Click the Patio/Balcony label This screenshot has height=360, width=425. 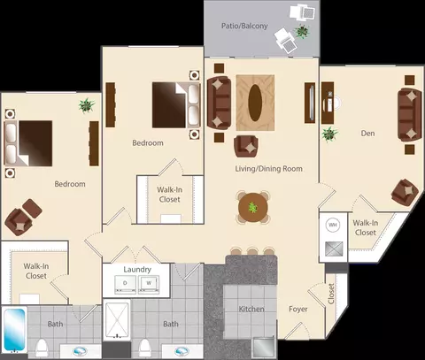click(x=244, y=26)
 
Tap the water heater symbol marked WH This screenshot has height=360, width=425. click(x=333, y=225)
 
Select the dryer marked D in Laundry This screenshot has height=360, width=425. click(x=125, y=284)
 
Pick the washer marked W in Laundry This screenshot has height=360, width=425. click(x=149, y=284)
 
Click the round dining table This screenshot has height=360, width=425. click(x=253, y=207)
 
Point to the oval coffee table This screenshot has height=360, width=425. click(x=255, y=103)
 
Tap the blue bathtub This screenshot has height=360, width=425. click(x=14, y=330)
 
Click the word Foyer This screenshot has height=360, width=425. click(x=298, y=309)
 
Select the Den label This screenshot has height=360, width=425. click(x=367, y=134)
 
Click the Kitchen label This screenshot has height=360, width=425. click(x=251, y=309)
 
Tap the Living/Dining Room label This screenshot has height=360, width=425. click(x=268, y=169)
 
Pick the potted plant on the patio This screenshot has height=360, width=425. click(x=302, y=31)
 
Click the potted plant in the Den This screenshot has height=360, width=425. click(x=329, y=134)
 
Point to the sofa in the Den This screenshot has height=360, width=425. click(x=410, y=115)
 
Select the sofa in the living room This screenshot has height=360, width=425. click(x=219, y=103)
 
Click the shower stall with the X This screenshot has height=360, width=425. click(x=117, y=319)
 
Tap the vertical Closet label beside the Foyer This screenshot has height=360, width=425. click(x=331, y=294)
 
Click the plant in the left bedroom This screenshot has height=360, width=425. click(x=87, y=105)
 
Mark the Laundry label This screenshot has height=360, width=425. click(x=137, y=270)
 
